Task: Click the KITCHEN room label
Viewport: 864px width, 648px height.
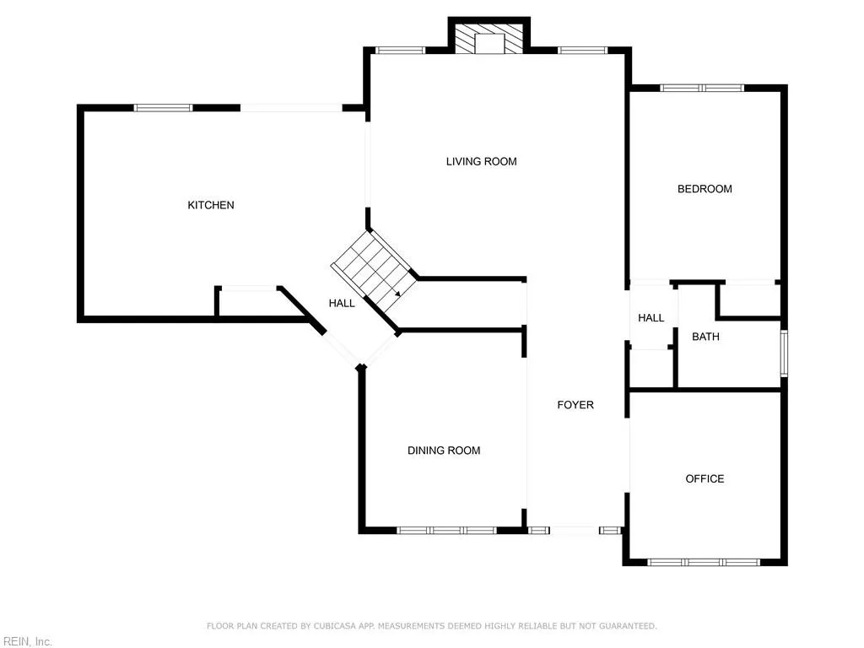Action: coord(211,205)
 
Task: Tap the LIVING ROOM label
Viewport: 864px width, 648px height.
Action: coord(481,161)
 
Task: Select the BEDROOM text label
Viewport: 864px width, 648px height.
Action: coord(705,189)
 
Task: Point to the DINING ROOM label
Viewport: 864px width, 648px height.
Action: coord(444,451)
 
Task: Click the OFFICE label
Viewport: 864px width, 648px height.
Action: coord(705,478)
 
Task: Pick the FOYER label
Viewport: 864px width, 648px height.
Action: coord(575,405)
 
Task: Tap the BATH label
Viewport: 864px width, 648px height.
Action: coord(705,337)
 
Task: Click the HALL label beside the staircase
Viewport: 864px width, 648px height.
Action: coord(342,303)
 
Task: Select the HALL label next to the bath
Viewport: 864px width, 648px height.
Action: coord(651,318)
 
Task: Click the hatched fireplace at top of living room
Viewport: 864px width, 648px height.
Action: coord(489,40)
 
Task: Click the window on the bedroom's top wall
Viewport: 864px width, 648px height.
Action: coord(701,87)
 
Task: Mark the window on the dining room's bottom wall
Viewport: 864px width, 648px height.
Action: coord(446,531)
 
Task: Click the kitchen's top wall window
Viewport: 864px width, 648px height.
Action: coord(163,107)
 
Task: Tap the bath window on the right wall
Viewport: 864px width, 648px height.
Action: coord(783,354)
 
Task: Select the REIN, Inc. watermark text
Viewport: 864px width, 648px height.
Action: coord(26,642)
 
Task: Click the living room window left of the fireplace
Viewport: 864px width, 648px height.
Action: coord(400,50)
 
